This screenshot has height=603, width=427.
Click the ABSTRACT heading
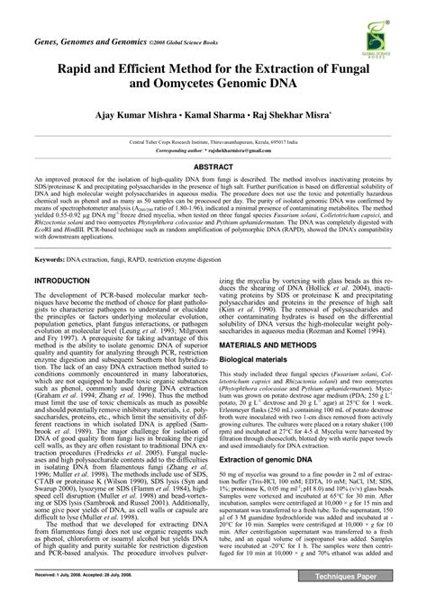tap(213, 166)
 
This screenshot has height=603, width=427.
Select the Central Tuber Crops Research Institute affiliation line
tap(213, 141)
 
